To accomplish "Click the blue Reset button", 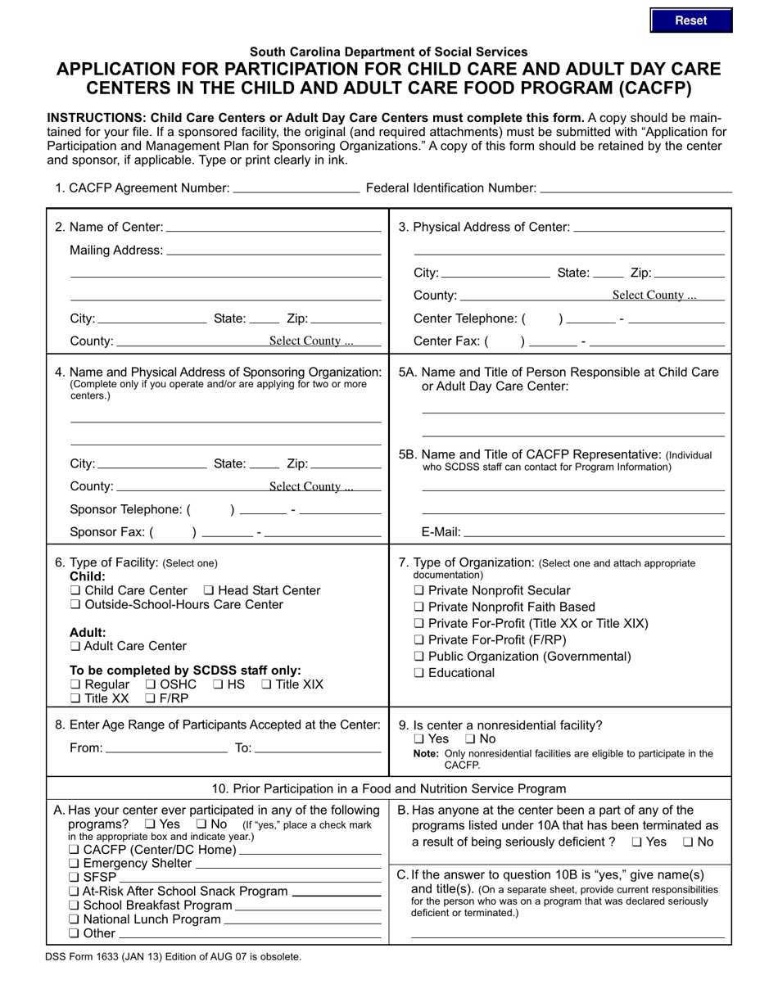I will (x=690, y=20).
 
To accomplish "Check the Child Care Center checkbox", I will (x=75, y=591).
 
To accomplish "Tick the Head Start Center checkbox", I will (x=209, y=591).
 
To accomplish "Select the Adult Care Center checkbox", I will (x=75, y=647).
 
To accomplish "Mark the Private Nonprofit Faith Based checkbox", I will (x=419, y=607).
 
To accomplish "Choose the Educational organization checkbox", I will (x=419, y=674).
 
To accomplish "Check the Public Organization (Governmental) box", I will (x=419, y=657).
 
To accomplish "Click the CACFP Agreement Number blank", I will (x=296, y=187).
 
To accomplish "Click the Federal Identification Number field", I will (x=636, y=187).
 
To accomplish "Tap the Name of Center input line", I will (x=274, y=227).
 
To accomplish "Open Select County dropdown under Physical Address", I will (x=654, y=296).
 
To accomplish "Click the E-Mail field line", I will (x=595, y=532).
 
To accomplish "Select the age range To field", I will (x=318, y=747).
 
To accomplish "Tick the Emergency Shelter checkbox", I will (x=75, y=864).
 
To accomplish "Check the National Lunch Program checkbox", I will (x=75, y=919).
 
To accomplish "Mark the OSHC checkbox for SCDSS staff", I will (x=151, y=684).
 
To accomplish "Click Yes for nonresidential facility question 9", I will (x=419, y=739).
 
